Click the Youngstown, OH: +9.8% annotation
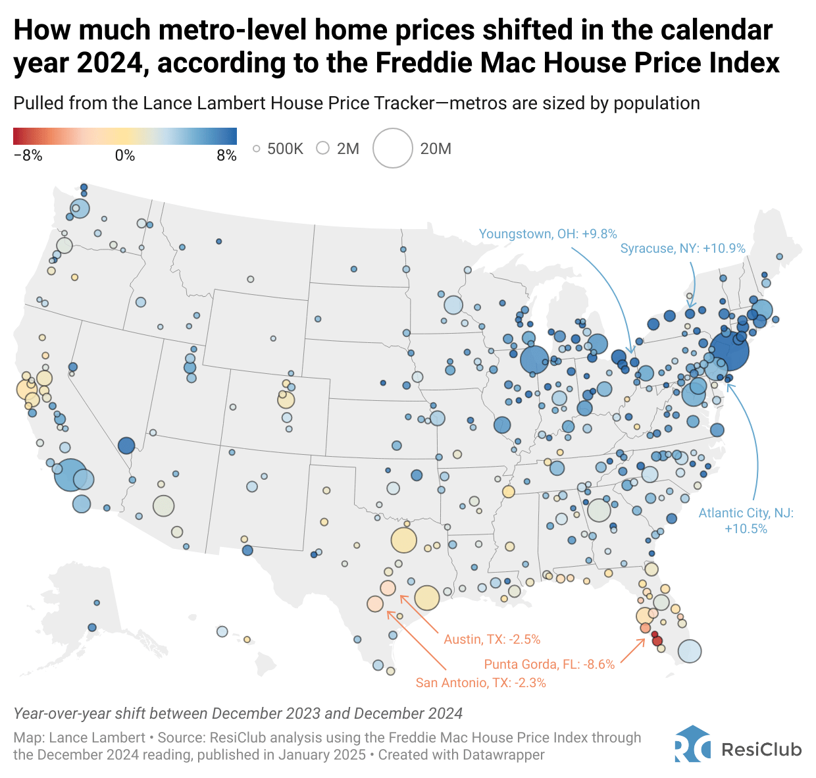click(x=548, y=234)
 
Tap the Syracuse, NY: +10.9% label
click(x=682, y=248)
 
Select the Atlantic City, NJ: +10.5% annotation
click(x=746, y=521)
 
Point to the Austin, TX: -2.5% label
click(x=492, y=639)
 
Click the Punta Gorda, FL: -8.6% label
click(x=549, y=664)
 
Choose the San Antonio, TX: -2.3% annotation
click(x=480, y=683)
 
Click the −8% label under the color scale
click(x=28, y=156)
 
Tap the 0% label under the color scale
click(x=124, y=156)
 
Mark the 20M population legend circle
click(x=393, y=148)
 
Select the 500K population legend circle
click(x=257, y=149)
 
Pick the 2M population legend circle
click(x=322, y=148)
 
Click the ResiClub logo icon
click(x=692, y=744)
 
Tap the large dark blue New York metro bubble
click(x=729, y=351)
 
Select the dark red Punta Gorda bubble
click(x=656, y=640)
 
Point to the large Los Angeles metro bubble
click(x=70, y=475)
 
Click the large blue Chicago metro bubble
click(x=534, y=360)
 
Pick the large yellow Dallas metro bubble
click(x=404, y=540)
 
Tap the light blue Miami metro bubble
click(x=689, y=652)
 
